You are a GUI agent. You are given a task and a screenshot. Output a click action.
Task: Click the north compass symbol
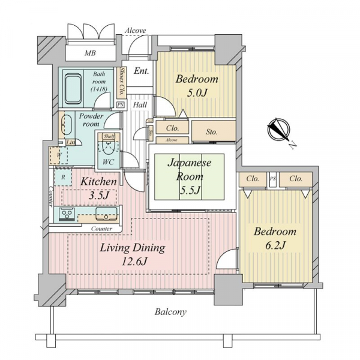click(279, 129)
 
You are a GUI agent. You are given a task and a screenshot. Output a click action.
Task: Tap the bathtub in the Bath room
click(73, 89)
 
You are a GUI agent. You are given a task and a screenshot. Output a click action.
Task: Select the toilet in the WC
click(109, 147)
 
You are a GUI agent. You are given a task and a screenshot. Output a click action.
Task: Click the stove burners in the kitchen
click(67, 214)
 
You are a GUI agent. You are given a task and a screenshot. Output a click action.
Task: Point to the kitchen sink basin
click(106, 214)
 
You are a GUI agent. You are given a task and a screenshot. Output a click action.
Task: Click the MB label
click(90, 53)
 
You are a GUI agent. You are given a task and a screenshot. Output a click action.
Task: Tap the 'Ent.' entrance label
click(142, 71)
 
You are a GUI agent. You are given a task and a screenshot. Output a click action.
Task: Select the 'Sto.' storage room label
click(211, 132)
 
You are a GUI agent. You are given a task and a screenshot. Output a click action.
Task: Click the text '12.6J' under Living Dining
click(134, 261)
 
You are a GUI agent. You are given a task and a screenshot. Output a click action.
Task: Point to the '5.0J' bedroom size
click(197, 93)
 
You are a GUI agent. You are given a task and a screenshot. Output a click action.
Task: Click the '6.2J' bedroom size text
click(275, 245)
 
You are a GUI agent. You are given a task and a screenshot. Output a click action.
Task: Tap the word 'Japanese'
click(190, 163)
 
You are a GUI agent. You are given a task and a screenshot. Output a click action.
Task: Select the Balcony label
click(170, 312)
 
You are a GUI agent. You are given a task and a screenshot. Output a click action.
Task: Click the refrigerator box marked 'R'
click(63, 177)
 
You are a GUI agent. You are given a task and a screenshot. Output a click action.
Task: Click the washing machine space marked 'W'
click(59, 155)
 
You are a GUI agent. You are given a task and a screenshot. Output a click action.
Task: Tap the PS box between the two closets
click(273, 179)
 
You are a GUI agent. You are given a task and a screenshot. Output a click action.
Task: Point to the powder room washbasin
click(67, 125)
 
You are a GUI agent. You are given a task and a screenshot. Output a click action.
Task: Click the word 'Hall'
click(140, 105)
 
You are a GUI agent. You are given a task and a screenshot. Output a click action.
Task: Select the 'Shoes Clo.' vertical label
click(122, 82)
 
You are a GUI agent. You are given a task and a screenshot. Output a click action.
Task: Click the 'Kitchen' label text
click(98, 182)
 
